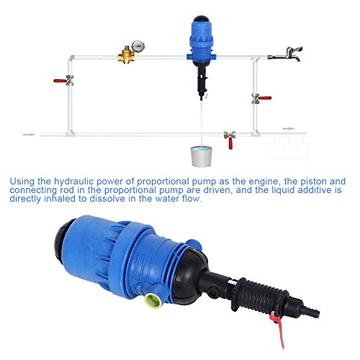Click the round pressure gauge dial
pos(138,46)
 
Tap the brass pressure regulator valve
pos(126,55)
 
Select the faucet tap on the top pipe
pos(286,55)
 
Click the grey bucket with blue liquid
pos(202,156)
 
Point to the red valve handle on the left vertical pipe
pos(60,81)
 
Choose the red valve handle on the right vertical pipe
pos(265,98)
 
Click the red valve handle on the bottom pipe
pos(230,143)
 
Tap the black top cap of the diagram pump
pos(201,19)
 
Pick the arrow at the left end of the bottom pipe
pos(30,135)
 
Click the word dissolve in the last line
pos(108,199)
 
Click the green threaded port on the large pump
pos(153,301)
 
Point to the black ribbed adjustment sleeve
pos(261,296)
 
